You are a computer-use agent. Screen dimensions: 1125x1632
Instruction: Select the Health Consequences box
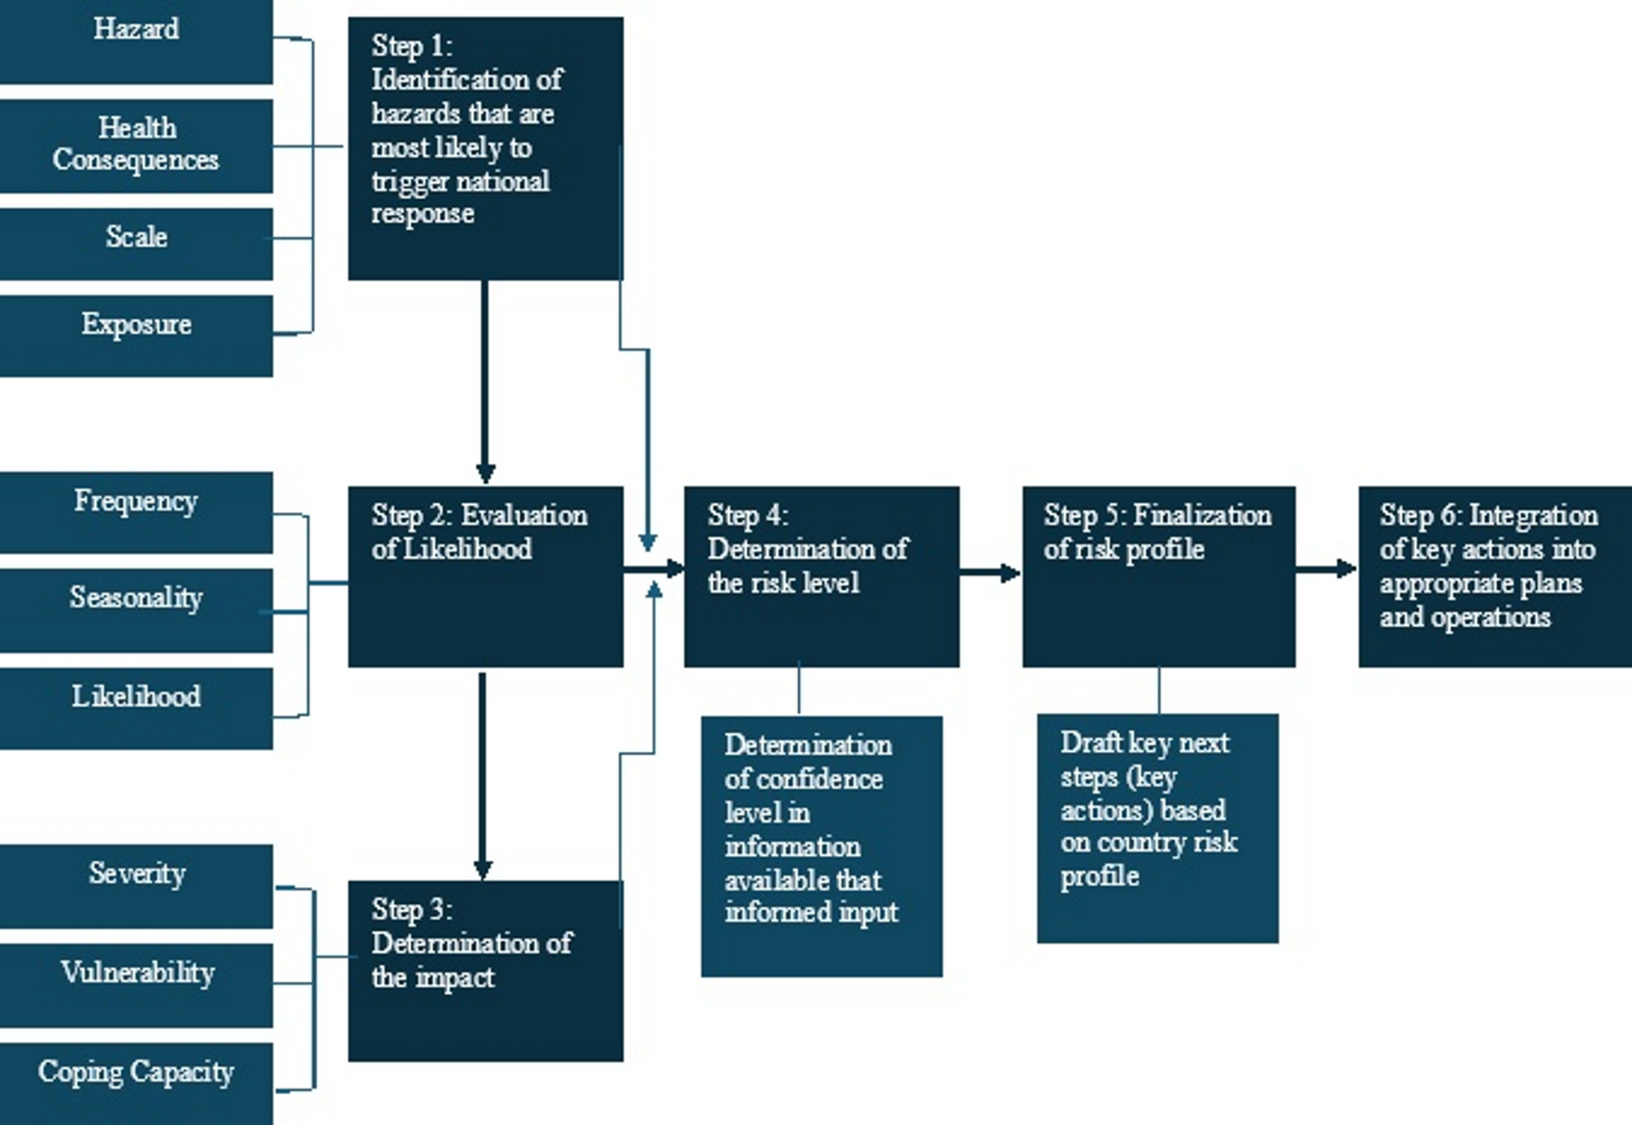136,146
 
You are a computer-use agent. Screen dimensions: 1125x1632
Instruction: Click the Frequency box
136,511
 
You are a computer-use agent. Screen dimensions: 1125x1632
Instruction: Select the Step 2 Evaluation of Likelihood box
485,576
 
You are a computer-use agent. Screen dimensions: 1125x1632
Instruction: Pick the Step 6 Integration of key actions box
1494,576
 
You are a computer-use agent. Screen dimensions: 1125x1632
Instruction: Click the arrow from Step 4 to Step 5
990,573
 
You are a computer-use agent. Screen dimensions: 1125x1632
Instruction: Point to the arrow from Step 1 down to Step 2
485,382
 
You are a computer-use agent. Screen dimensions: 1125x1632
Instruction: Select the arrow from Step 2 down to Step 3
483,776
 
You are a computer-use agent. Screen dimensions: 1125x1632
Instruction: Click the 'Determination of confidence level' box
821,845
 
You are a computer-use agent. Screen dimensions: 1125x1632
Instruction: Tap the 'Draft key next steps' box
1157,827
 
